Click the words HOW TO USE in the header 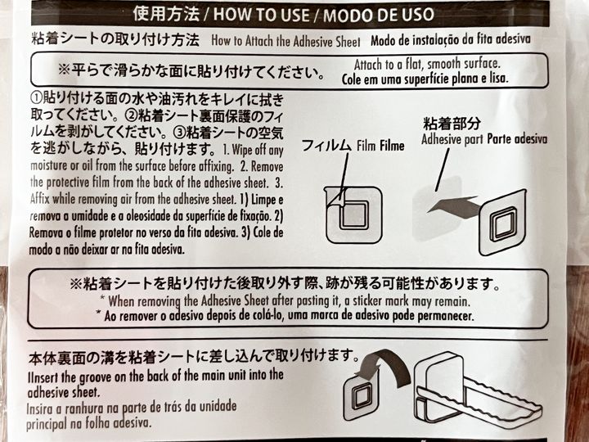click(x=262, y=14)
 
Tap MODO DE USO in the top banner click(x=379, y=15)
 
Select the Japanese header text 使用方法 click(x=166, y=14)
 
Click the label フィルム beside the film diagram click(x=326, y=145)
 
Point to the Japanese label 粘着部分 click(x=452, y=123)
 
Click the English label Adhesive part click(x=452, y=139)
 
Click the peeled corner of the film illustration click(x=336, y=198)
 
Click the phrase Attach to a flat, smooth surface click(x=428, y=64)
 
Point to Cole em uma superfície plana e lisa click(x=425, y=79)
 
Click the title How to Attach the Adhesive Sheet click(x=286, y=41)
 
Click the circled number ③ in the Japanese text click(x=179, y=133)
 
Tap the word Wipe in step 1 click(x=241, y=150)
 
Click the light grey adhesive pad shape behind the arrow click(x=437, y=209)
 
